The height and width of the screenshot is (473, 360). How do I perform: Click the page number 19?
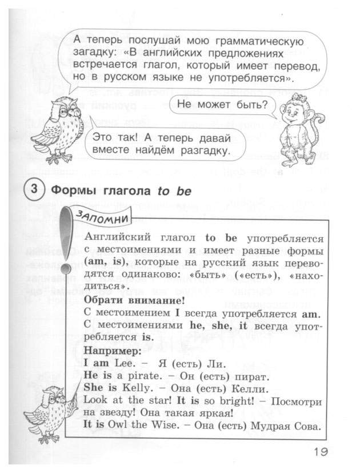pos(321,451)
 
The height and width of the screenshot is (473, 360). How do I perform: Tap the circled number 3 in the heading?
pos(35,190)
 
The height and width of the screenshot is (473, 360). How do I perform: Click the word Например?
pos(108,349)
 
